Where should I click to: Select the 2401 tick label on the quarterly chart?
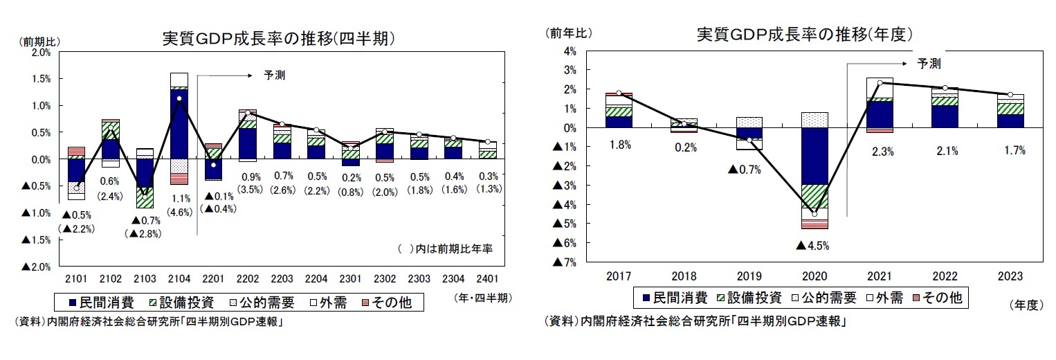tap(488, 278)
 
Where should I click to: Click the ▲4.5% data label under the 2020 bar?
tap(812, 245)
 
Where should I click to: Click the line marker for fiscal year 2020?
tap(814, 214)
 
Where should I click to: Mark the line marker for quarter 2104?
tap(179, 98)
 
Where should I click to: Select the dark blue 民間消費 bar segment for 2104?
tap(179, 125)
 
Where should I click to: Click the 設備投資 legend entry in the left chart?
tap(183, 302)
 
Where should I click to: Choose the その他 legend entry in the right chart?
tap(940, 298)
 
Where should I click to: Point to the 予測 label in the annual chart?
tap(929, 64)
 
